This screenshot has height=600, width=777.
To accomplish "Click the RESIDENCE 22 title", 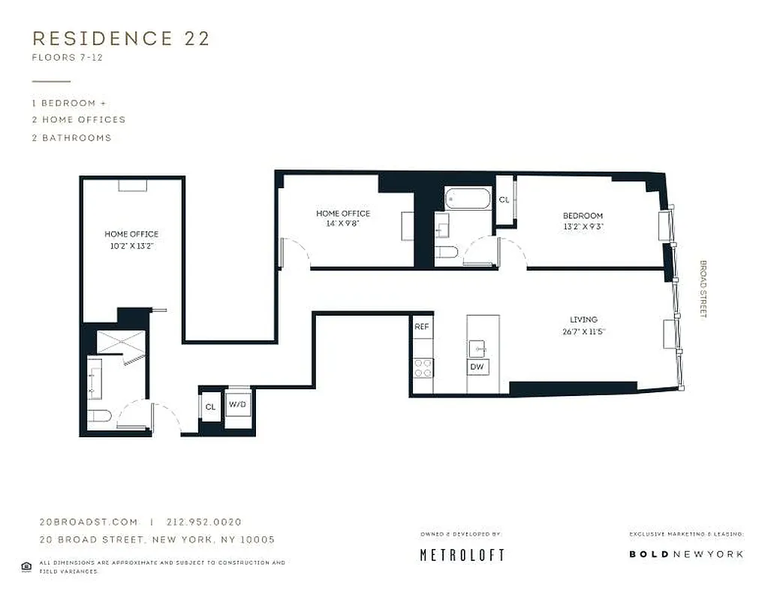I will pyautogui.click(x=121, y=39).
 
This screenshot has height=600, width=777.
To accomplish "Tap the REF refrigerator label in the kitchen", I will pyautogui.click(x=422, y=327).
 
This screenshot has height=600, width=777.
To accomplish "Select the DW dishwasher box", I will pyautogui.click(x=477, y=367).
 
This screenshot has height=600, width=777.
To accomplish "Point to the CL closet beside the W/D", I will pyautogui.click(x=210, y=406).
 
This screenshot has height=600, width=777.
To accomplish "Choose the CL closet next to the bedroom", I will pyautogui.click(x=504, y=200).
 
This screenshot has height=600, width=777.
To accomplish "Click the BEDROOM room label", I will pyautogui.click(x=583, y=216).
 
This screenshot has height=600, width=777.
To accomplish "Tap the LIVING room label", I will pyautogui.click(x=583, y=319).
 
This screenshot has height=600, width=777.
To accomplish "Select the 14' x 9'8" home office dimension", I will pyautogui.click(x=343, y=223).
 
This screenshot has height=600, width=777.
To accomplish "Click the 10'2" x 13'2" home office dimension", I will pyautogui.click(x=131, y=245).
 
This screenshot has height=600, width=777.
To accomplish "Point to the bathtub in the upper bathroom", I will pyautogui.click(x=466, y=199).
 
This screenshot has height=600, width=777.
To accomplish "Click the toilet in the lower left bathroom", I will pyautogui.click(x=100, y=416).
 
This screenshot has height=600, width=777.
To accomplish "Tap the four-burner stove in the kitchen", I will pyautogui.click(x=423, y=367).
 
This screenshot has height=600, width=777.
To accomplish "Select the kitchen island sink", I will pyautogui.click(x=477, y=348).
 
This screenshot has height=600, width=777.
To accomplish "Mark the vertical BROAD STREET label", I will pyautogui.click(x=703, y=289).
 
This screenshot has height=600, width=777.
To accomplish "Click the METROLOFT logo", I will pyautogui.click(x=461, y=555).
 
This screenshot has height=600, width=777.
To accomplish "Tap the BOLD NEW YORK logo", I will pyautogui.click(x=685, y=554).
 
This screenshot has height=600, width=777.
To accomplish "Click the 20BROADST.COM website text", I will pyautogui.click(x=89, y=522).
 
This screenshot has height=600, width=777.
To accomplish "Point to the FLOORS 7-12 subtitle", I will pyautogui.click(x=67, y=58).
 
